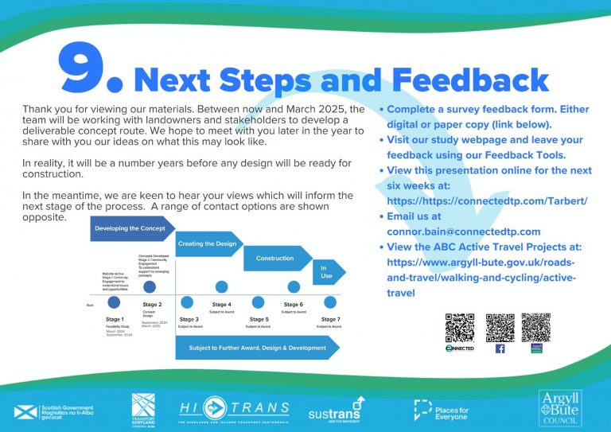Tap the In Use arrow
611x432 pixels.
(325, 273)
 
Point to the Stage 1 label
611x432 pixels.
(115, 318)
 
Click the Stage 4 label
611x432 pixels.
(222, 305)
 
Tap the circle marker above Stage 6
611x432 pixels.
(294, 287)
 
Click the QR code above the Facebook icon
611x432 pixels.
(500, 327)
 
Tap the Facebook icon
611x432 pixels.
(500, 348)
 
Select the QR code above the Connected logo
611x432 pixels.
(460, 327)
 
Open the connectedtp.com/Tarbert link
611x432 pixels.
(487, 201)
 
